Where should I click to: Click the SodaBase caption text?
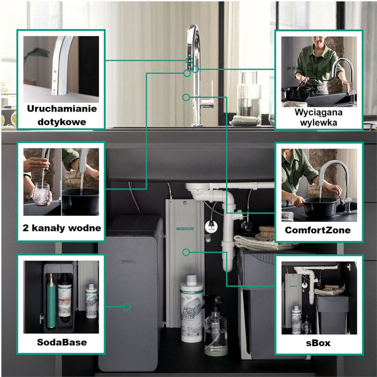[x=61, y=342]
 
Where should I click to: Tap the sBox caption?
[x=319, y=343]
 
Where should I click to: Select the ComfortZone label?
[x=318, y=230]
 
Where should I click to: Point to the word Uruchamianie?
[x=61, y=109]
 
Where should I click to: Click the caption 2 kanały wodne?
[x=61, y=228]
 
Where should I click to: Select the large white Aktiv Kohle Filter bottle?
[x=192, y=309]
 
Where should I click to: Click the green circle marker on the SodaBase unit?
[x=127, y=307]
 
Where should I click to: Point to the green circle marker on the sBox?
[x=185, y=251]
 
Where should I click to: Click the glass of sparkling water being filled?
[x=41, y=193]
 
